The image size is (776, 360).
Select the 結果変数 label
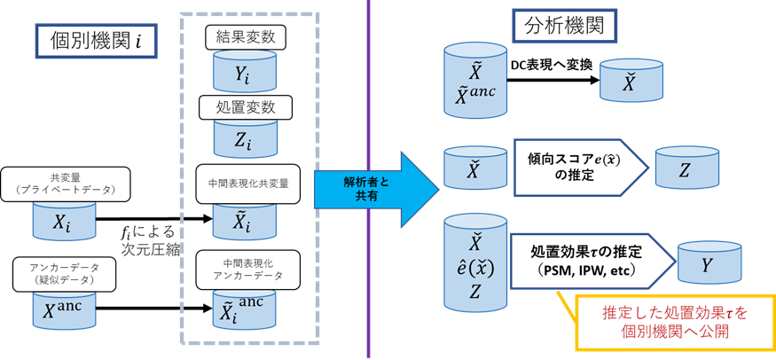tap(239, 38)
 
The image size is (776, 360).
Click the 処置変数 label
tap(239, 106)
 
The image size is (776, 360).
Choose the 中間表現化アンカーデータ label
tap(242, 268)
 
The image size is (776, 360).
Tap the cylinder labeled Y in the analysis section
tap(707, 263)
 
